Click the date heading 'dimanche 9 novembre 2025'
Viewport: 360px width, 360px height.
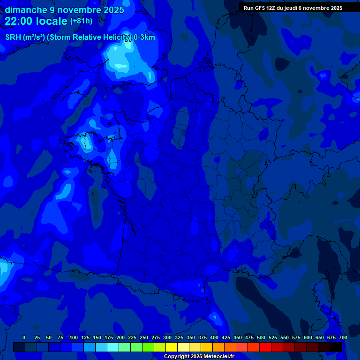(64, 10)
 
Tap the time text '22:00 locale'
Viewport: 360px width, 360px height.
(36, 21)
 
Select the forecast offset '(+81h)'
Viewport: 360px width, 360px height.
(81, 21)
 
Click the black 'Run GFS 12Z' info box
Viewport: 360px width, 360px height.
(293, 8)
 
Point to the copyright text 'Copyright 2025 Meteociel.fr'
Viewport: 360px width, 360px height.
(199, 356)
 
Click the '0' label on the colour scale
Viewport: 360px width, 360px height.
(24, 337)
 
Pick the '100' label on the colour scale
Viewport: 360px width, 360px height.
(74, 337)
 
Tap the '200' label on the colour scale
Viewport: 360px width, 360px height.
(120, 337)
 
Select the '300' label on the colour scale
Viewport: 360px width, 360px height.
(167, 337)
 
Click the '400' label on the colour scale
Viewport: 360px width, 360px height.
(214, 337)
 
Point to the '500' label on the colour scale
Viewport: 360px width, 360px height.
(261, 337)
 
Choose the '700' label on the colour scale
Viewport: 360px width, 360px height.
(343, 337)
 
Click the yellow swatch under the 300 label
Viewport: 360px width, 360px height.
(172, 347)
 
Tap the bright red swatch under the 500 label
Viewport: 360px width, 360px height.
(265, 347)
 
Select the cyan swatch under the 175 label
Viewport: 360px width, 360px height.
(113, 347)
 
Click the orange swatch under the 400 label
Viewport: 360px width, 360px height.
(218, 347)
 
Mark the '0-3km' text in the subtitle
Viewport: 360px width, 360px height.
(144, 37)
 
